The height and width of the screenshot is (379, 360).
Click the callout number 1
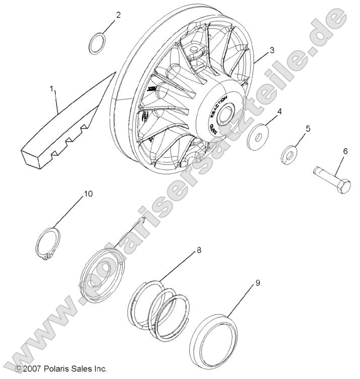pyautogui.click(x=51, y=89)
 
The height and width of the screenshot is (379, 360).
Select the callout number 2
pyautogui.click(x=118, y=15)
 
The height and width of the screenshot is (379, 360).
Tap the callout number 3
pyautogui.click(x=272, y=50)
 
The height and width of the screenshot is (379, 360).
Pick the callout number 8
pyautogui.click(x=199, y=249)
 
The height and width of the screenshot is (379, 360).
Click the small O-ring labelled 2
pyautogui.click(x=98, y=44)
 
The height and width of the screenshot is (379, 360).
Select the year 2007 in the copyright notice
pyautogui.click(x=32, y=369)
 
